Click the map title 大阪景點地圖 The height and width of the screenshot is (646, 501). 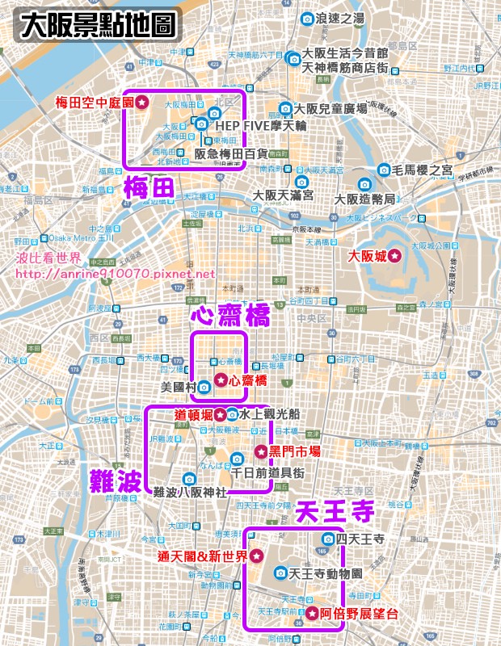pos(96,26)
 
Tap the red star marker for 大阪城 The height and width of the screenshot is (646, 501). pos(394,255)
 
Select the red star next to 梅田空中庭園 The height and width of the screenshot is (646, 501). pos(141,102)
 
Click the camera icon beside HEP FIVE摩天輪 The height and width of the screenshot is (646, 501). pos(201,124)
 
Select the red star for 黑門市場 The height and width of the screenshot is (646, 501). pos(260,451)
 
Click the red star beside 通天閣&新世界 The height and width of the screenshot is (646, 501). pos(255,556)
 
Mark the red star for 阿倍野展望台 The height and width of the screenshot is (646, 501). pos(312,614)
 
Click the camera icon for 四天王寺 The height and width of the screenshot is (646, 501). pos(329,539)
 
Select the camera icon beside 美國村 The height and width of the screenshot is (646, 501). pos(204,386)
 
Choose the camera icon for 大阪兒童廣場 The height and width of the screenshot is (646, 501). pos(284,108)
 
